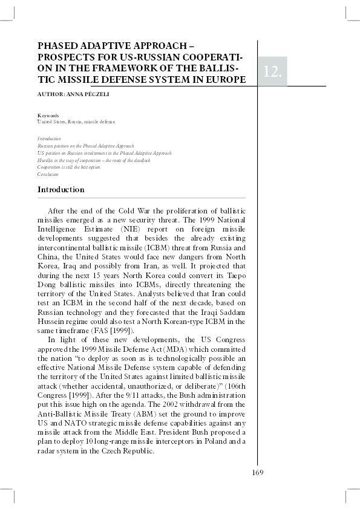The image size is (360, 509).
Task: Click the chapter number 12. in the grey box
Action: (x=272, y=72)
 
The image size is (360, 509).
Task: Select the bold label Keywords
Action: (x=48, y=115)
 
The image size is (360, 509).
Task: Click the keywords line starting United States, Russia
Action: (x=76, y=122)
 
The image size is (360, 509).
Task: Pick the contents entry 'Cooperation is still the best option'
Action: (x=69, y=167)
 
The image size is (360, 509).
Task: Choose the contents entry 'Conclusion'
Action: (x=48, y=174)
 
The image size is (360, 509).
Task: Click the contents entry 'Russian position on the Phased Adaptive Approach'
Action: (x=86, y=146)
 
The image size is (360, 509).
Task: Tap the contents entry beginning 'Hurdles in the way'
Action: (x=94, y=160)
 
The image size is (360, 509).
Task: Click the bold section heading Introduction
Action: (x=61, y=190)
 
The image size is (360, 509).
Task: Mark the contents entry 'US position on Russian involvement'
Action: (x=104, y=153)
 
